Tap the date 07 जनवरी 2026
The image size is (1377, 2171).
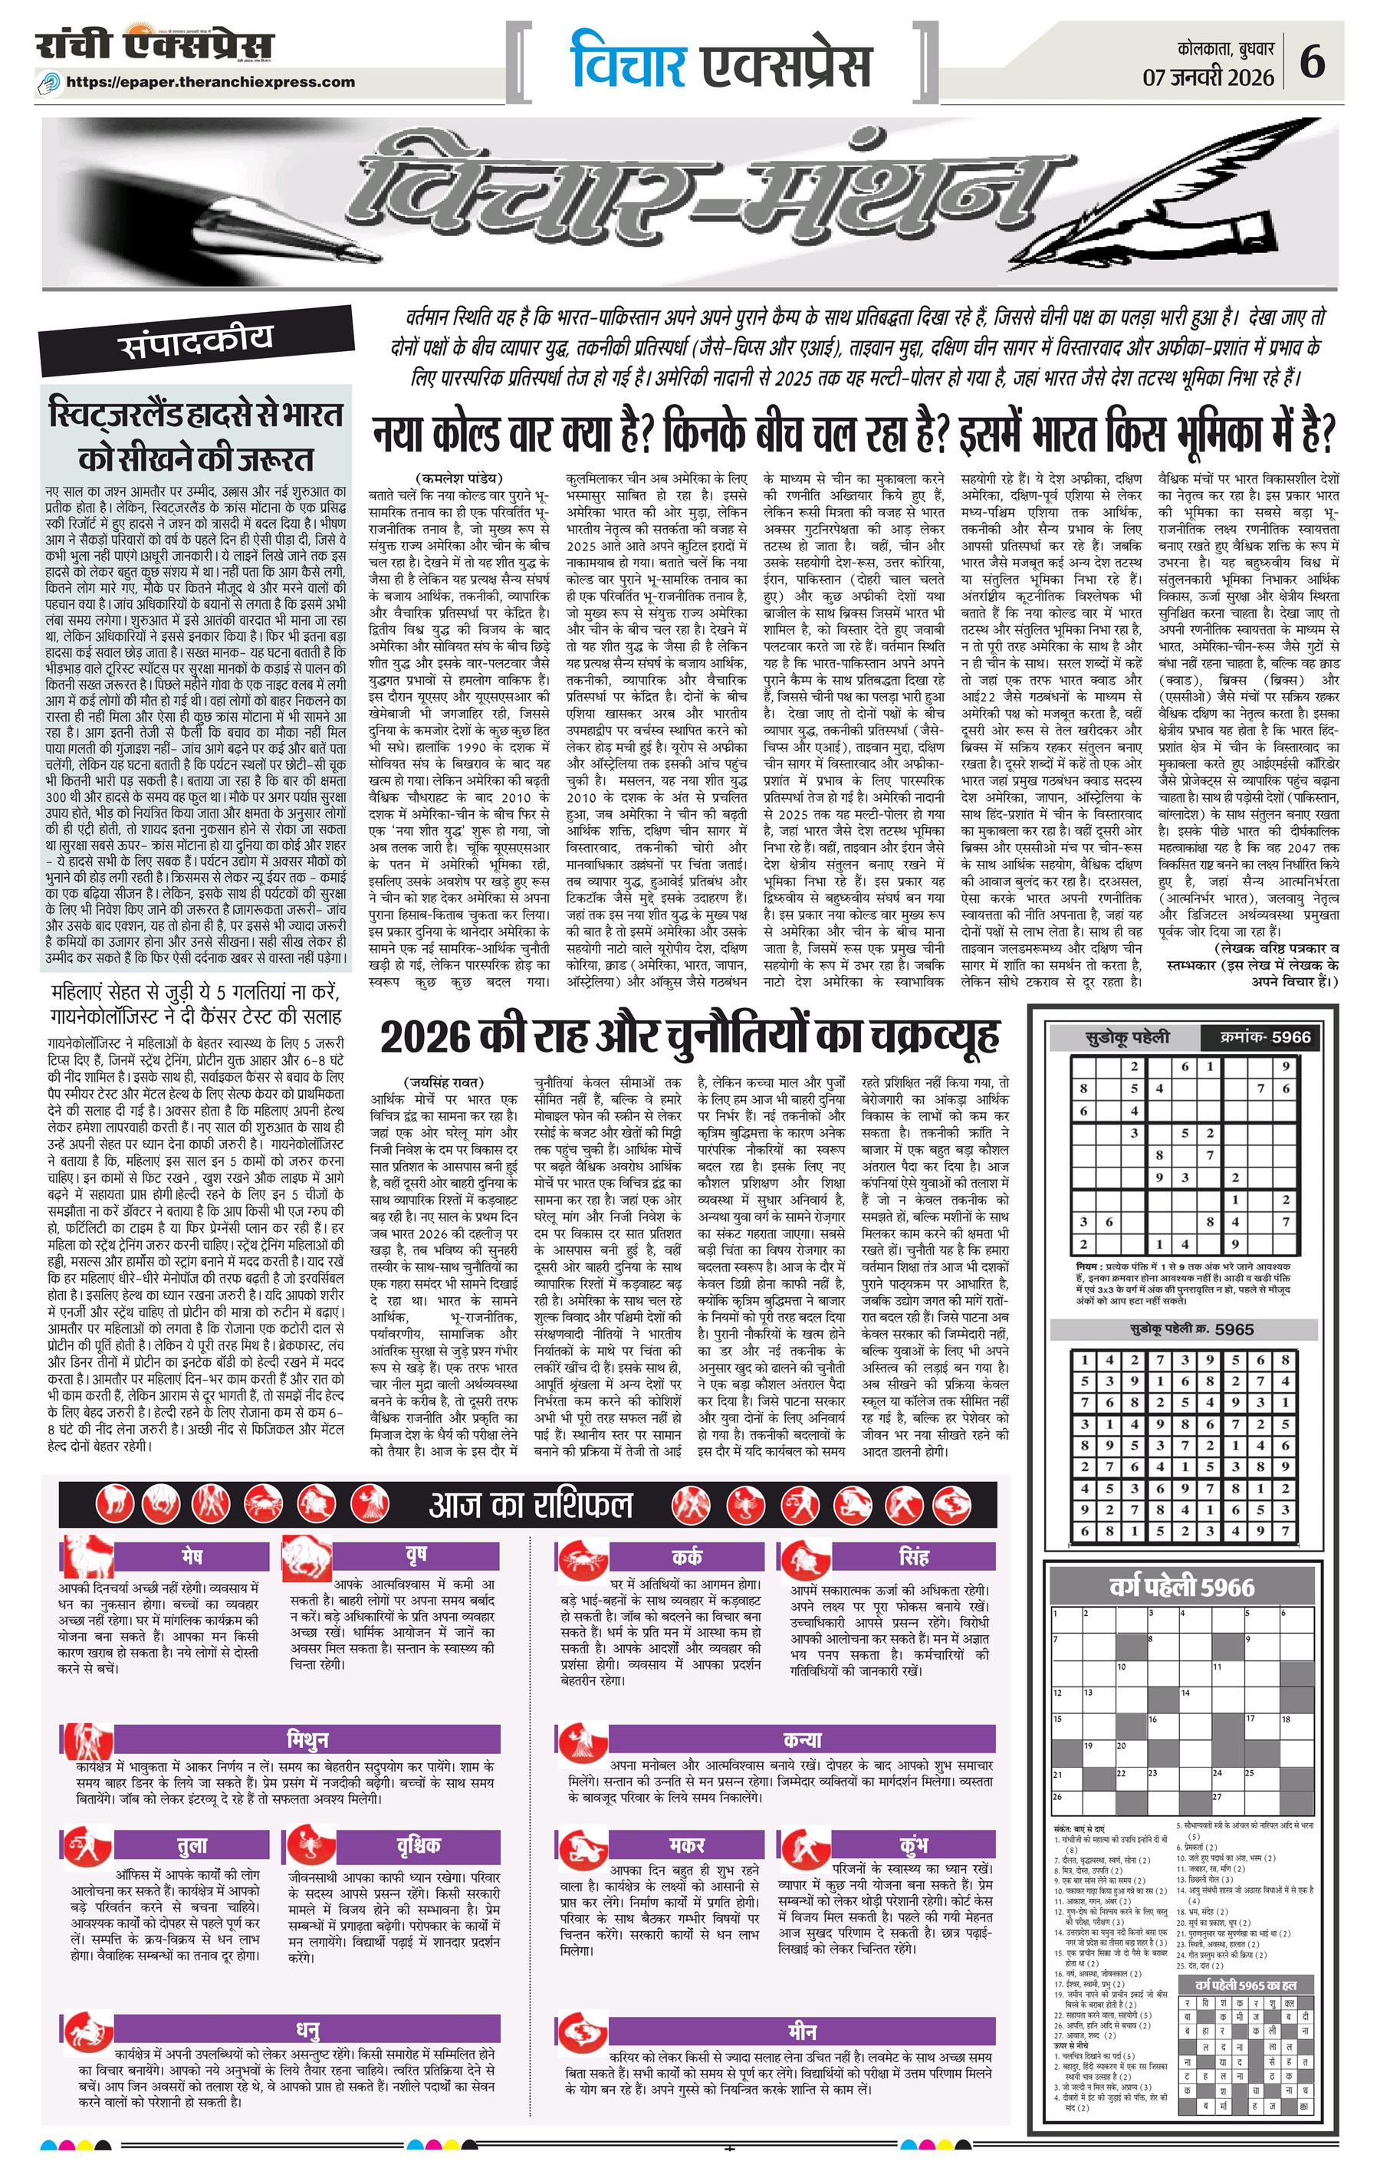1208,77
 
